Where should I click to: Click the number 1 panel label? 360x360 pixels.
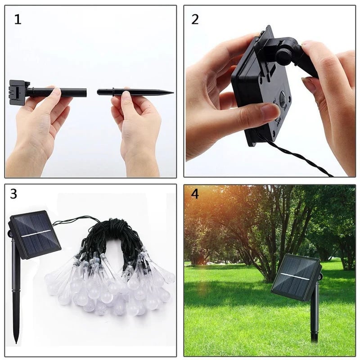pyautogui.click(x=18, y=20)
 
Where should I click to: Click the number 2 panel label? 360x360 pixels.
pyautogui.click(x=195, y=19)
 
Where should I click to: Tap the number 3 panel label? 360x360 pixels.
pyautogui.click(x=13, y=194)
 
